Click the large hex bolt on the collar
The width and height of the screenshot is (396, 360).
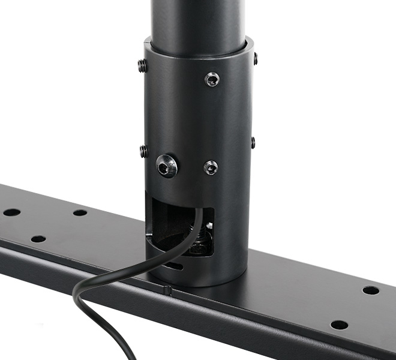pyautogui.click(x=167, y=166)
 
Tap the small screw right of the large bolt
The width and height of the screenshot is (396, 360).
pyautogui.click(x=211, y=167)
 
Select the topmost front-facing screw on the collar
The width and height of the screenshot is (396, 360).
pyautogui.click(x=212, y=79)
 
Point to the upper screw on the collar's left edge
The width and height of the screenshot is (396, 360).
pyautogui.click(x=143, y=65)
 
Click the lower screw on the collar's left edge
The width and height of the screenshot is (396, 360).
pyautogui.click(x=144, y=151)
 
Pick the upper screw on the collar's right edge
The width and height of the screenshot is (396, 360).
pyautogui.click(x=256, y=59)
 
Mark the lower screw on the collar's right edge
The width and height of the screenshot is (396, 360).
pyautogui.click(x=253, y=143)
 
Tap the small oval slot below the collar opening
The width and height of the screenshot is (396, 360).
pyautogui.click(x=175, y=265)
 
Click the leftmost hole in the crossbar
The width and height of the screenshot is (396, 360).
pyautogui.click(x=11, y=212)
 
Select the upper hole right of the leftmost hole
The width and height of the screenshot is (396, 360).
pyautogui.click(x=80, y=212)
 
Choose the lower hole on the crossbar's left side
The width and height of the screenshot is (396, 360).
pyautogui.click(x=38, y=239)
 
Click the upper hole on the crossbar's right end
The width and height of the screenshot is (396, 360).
pyautogui.click(x=371, y=290)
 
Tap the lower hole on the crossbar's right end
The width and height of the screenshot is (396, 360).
pyautogui.click(x=339, y=325)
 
